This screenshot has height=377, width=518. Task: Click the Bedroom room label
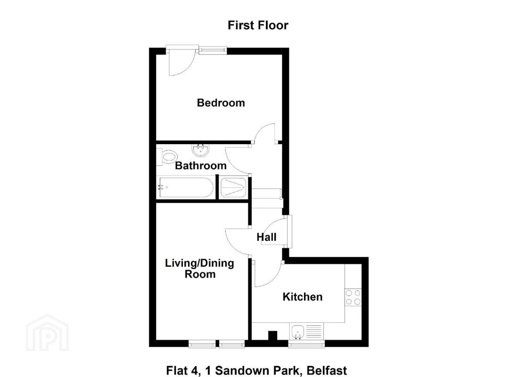click(x=221, y=103)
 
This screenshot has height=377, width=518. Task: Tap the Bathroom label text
click(x=200, y=166)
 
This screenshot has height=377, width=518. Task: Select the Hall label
click(x=266, y=238)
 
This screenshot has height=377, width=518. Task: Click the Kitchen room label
click(x=302, y=297)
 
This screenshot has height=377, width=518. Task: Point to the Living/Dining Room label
click(x=199, y=269)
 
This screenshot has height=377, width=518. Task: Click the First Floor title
click(x=258, y=25)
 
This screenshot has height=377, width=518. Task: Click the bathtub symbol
click(x=185, y=188)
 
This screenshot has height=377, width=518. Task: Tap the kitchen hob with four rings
click(x=353, y=297)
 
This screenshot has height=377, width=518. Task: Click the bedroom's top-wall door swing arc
click(x=181, y=64)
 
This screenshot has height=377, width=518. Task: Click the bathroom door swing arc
click(x=237, y=159)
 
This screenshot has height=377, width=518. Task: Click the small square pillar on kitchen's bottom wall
click(x=272, y=336)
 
